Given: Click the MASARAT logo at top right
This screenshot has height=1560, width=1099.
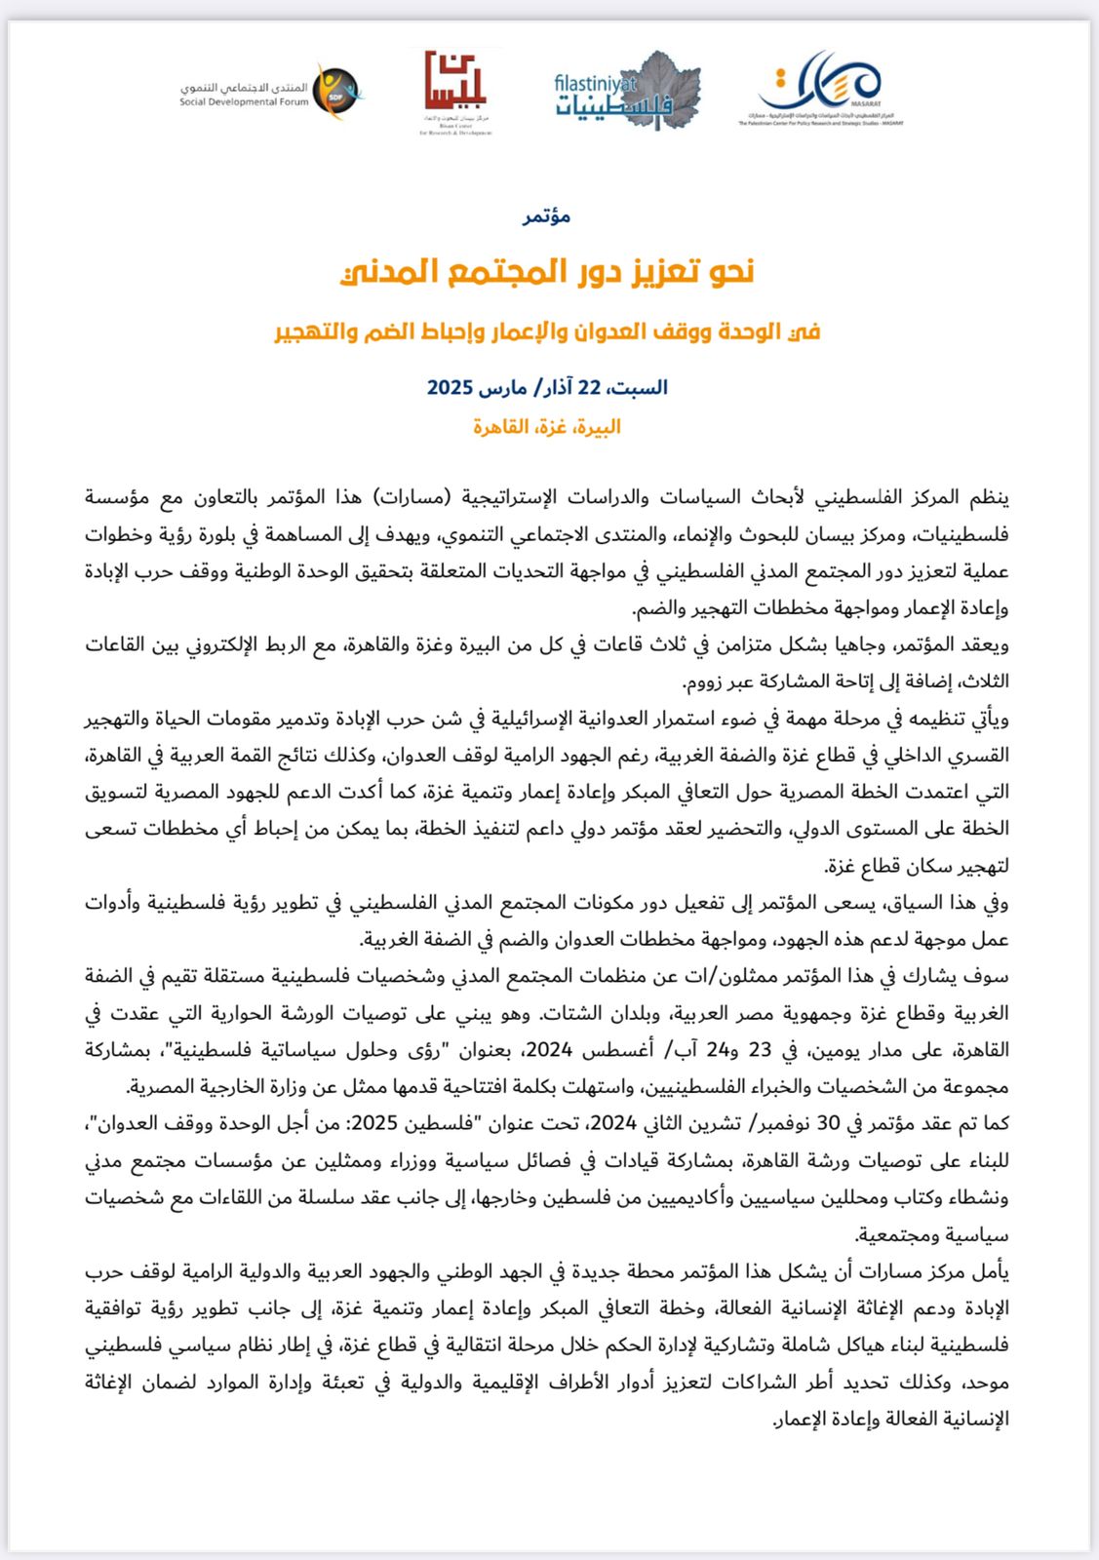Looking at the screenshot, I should (x=822, y=86).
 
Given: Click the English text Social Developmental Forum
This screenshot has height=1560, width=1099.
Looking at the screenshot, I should (x=244, y=102).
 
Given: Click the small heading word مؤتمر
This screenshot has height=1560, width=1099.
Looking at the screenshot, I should (x=547, y=216).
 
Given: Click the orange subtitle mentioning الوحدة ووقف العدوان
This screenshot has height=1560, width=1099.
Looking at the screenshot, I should (x=547, y=331).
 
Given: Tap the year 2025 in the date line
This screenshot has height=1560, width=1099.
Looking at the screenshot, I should (x=450, y=388).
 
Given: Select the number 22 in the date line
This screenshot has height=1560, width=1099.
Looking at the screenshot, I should (x=589, y=388).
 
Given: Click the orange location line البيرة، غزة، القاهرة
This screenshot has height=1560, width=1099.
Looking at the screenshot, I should (x=547, y=427).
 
